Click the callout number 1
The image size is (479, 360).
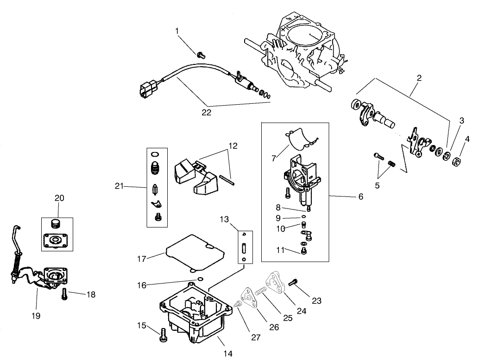(176, 31)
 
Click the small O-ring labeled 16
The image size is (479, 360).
(200, 278)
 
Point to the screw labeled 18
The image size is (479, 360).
(64, 294)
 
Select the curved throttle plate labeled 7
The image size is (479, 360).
(301, 137)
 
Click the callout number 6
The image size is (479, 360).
(360, 196)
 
